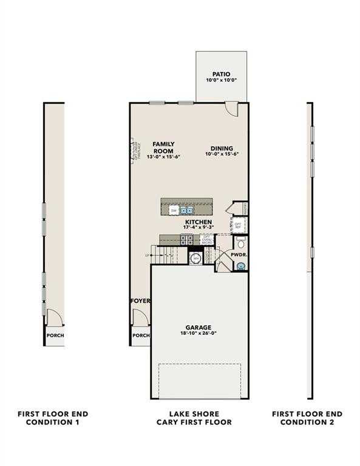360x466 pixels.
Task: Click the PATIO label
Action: coord(221,73)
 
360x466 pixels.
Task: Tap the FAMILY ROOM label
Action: coord(163,146)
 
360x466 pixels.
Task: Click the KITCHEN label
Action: coord(199,223)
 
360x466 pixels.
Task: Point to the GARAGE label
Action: coord(199,327)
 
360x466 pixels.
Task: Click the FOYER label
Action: coord(140,301)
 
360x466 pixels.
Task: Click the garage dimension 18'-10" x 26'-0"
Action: coord(199,334)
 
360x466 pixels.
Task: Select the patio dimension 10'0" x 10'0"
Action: coord(221,80)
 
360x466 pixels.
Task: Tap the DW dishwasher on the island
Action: coord(174,211)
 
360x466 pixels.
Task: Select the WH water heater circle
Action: coord(195,259)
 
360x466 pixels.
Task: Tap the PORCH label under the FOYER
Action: coord(141,335)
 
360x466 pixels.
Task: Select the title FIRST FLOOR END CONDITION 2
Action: coord(307,417)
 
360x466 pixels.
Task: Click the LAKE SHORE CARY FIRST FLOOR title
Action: coord(194,417)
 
